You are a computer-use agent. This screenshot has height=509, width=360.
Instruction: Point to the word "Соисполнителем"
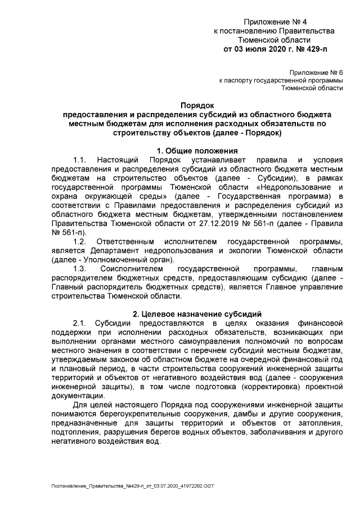(x=132, y=269)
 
